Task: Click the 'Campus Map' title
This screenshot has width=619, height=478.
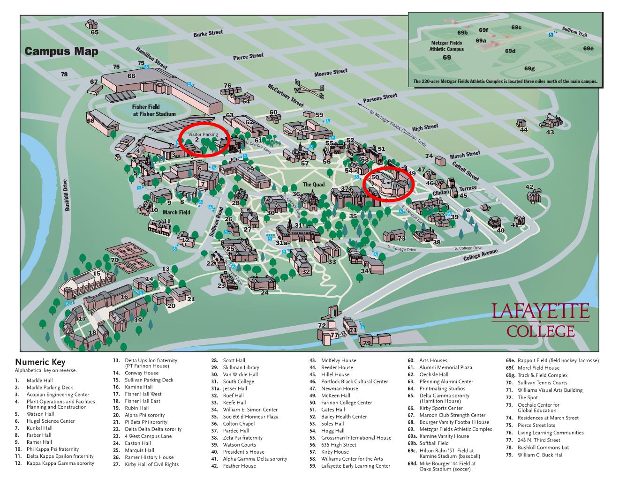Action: (61, 52)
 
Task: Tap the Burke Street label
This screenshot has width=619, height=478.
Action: (208, 33)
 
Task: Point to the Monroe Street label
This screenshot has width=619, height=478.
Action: (331, 73)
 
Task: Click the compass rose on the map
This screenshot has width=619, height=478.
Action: (309, 89)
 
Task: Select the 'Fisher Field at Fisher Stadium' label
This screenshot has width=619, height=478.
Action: (154, 110)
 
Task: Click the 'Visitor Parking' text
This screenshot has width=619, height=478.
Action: (203, 134)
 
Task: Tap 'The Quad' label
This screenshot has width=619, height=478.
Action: (314, 184)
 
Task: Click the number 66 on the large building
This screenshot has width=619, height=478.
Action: (131, 76)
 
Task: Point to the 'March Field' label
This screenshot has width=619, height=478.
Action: (176, 212)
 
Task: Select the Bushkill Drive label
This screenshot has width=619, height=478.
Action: (67, 195)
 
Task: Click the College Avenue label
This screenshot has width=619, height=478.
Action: (480, 255)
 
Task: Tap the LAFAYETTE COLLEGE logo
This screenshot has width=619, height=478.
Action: (540, 320)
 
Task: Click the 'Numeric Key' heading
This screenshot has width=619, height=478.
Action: (40, 362)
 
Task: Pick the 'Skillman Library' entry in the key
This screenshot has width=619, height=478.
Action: (241, 367)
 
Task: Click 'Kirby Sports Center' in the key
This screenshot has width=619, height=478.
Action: (441, 408)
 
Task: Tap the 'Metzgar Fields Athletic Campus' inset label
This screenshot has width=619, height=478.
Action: (446, 46)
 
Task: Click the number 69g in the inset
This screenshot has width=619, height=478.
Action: (529, 68)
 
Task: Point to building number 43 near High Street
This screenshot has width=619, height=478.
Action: (550, 132)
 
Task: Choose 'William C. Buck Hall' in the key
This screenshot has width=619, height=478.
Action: (540, 455)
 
